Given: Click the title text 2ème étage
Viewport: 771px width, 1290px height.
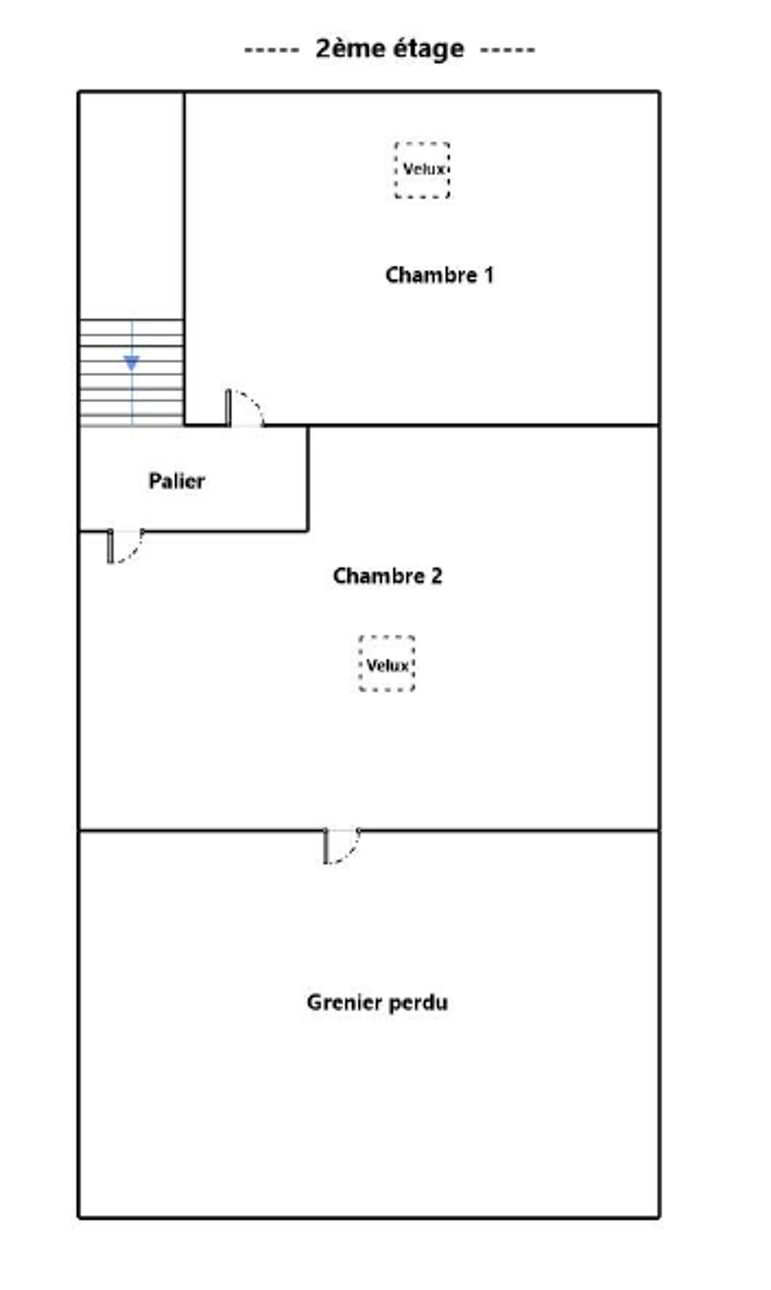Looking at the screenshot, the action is [x=389, y=49].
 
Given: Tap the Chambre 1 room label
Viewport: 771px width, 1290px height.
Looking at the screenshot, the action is [x=439, y=274].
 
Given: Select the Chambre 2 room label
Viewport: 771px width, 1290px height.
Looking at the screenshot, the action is [x=387, y=576].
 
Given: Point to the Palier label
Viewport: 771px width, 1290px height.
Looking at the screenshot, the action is [x=177, y=481].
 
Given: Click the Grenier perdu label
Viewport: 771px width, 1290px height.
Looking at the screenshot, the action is [x=378, y=1003].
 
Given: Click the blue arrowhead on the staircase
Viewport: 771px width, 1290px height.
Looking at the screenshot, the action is [x=131, y=363].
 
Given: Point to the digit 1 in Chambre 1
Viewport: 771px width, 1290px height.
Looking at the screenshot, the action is [x=490, y=274].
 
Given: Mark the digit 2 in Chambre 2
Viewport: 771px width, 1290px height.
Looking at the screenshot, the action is [x=436, y=576].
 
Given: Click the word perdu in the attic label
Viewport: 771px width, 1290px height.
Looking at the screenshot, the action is [x=419, y=1003].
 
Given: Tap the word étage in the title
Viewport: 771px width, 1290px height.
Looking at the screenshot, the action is [x=428, y=49].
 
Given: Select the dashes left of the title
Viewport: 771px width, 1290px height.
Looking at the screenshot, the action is [x=271, y=50].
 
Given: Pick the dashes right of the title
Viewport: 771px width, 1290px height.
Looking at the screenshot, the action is [x=507, y=50].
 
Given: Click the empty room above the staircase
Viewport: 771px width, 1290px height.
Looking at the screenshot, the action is [x=131, y=205].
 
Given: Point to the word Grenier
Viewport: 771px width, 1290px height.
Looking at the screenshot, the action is [x=344, y=1003].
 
